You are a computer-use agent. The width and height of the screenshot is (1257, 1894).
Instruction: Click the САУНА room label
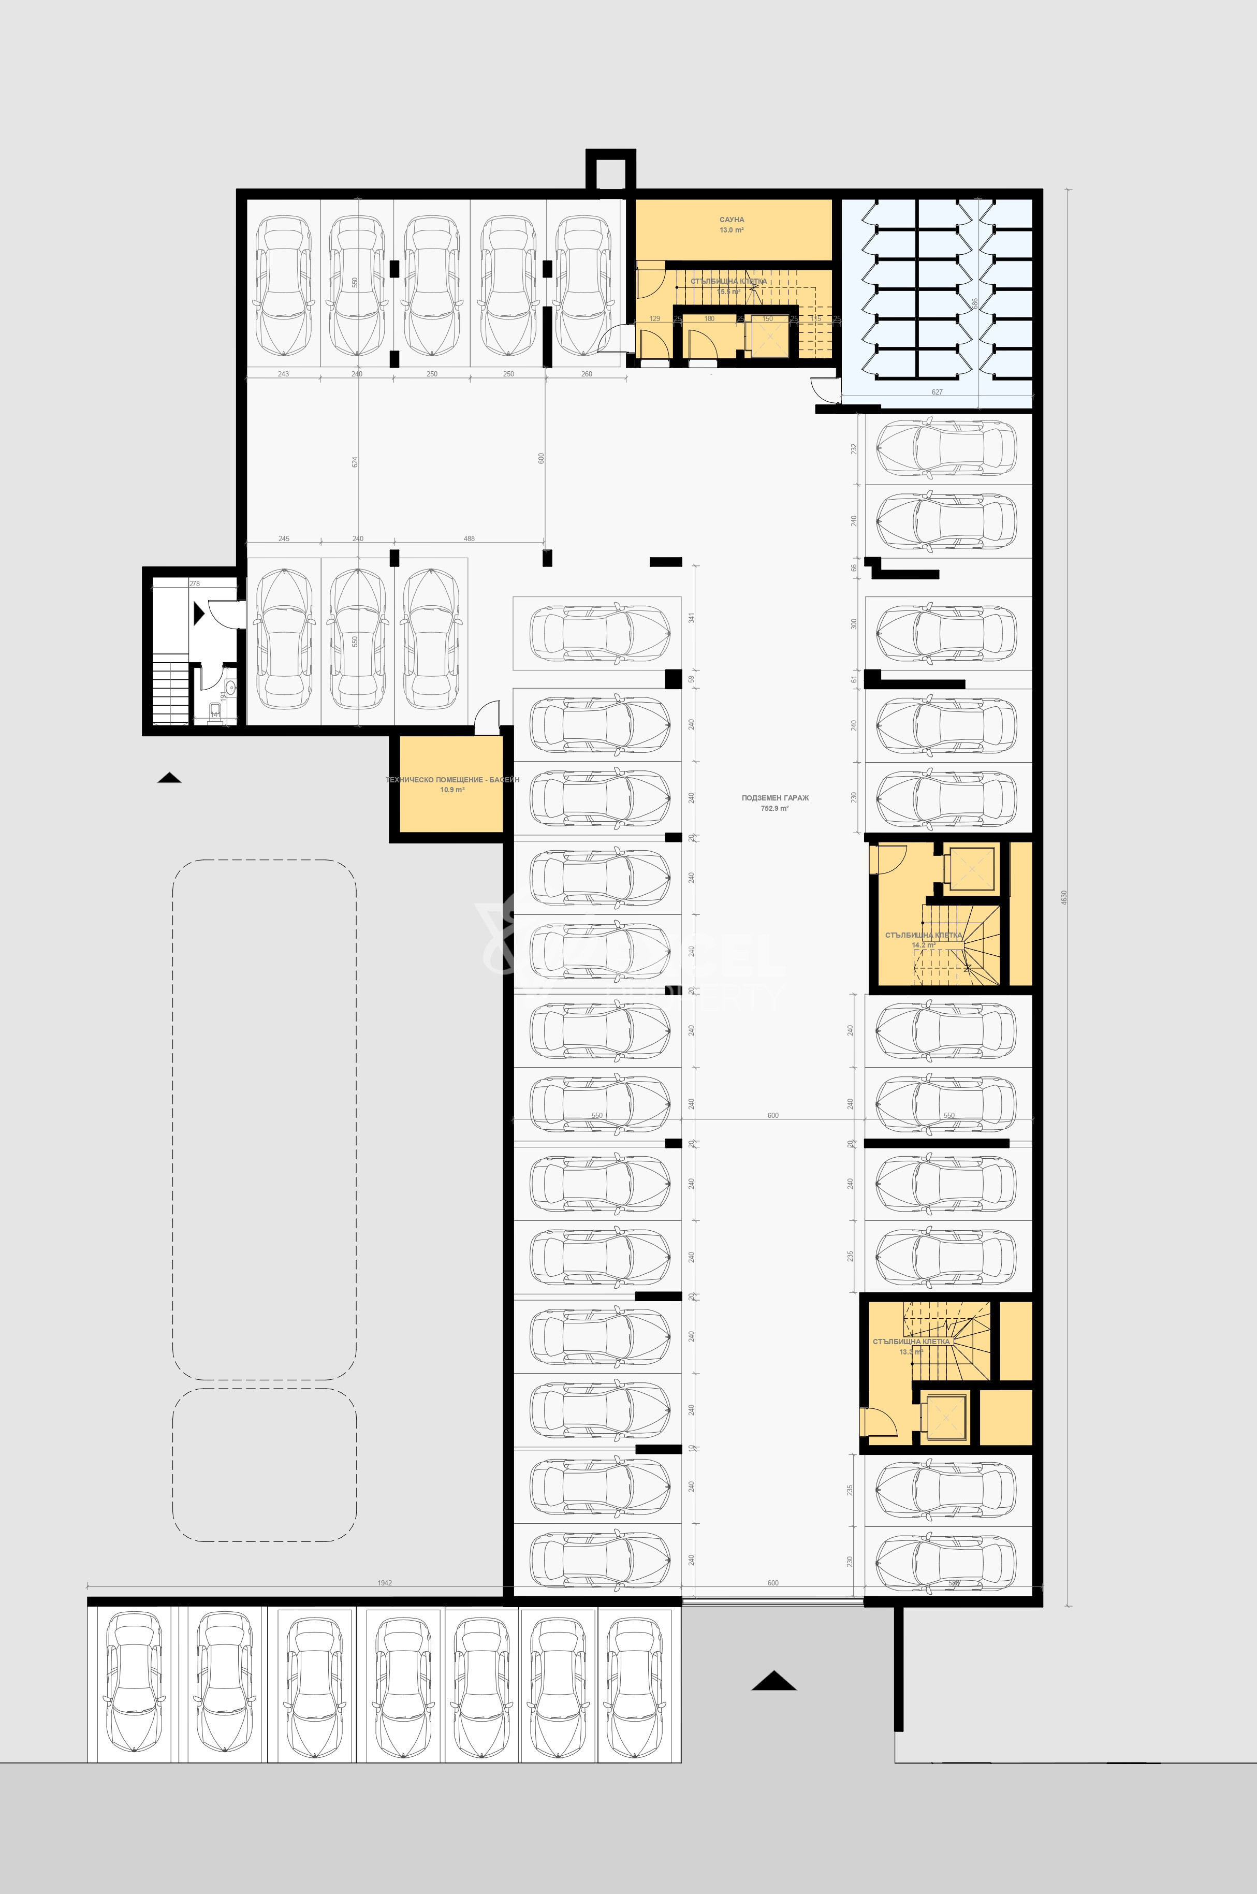tap(731, 220)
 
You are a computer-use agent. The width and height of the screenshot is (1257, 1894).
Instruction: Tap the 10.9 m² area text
tap(452, 790)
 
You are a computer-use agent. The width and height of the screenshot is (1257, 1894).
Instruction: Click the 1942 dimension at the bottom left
tap(385, 1583)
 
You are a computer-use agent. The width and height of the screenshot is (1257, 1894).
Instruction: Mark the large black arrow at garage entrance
tap(773, 1681)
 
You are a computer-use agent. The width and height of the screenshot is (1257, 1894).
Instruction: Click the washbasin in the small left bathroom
tap(230, 687)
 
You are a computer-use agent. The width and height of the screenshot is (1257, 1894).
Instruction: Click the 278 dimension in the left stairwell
tap(195, 584)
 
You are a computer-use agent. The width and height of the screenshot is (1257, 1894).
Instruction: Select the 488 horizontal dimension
tap(469, 538)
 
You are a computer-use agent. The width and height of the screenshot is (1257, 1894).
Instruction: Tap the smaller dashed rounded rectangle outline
tap(265, 1464)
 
